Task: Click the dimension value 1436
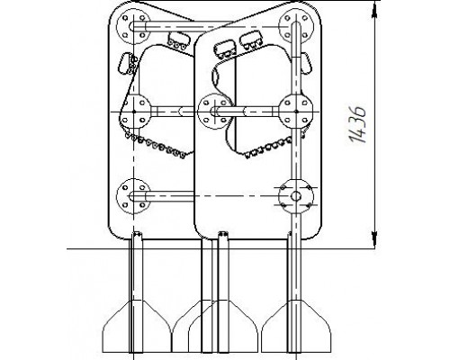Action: coord(358,123)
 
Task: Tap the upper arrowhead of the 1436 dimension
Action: coord(374,10)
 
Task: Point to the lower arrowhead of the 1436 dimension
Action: coord(374,239)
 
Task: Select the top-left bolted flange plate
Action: coord(133,26)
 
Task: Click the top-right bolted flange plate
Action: coord(296,27)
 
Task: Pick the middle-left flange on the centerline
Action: coord(134,112)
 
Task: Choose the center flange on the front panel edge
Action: coord(215,112)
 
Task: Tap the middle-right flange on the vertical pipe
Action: coord(296,112)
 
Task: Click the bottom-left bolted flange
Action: coord(133,196)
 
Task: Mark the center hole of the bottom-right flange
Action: coord(296,196)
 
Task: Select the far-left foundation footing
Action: coord(137,326)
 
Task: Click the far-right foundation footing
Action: coord(296,326)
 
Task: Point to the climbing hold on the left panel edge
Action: coord(125,63)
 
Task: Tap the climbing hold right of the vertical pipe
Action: coord(306,64)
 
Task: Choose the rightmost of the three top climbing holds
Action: coord(252,40)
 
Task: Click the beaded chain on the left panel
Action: coord(156,146)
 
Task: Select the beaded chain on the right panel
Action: coord(269,148)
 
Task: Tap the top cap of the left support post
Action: coord(137,233)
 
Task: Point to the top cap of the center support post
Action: coord(222,233)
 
